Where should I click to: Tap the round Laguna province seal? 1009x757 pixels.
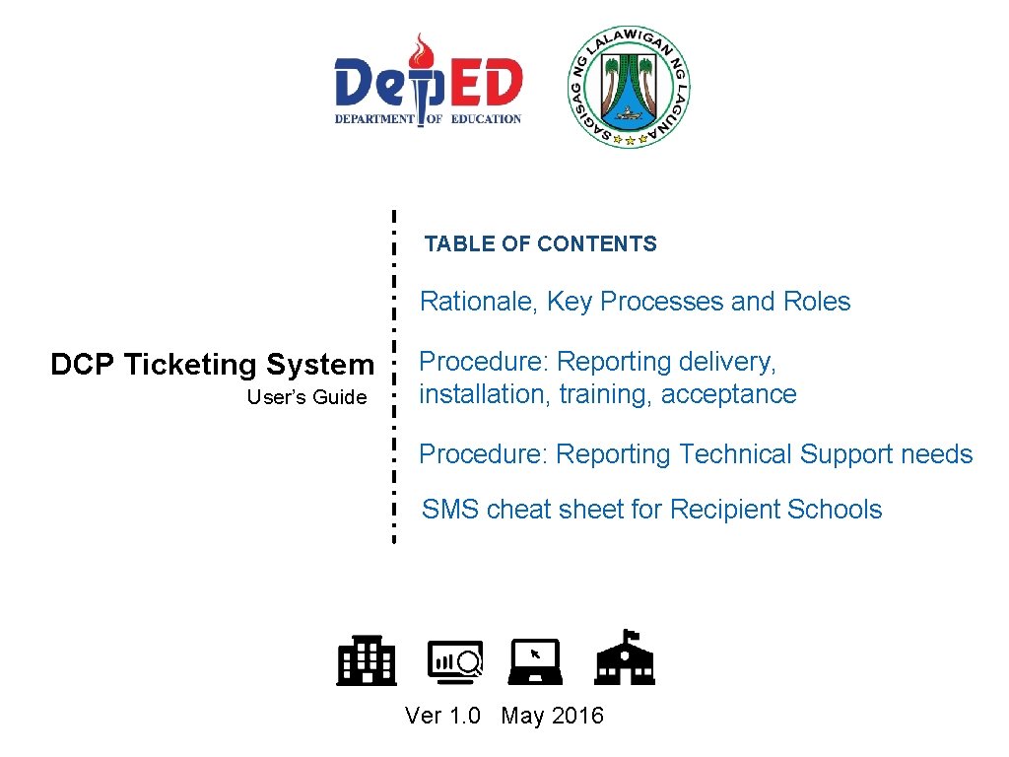(630, 87)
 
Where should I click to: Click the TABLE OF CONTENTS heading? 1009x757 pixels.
(540, 244)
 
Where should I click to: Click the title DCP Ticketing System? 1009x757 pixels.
(212, 365)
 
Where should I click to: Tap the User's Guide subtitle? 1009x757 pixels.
(306, 398)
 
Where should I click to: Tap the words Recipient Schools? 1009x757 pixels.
(775, 510)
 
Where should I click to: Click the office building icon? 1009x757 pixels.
(367, 660)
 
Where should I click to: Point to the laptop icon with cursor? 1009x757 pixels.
(537, 661)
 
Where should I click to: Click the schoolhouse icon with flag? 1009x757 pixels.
(625, 657)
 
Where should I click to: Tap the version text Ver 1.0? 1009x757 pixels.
(442, 716)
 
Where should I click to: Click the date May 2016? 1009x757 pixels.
(552, 716)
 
